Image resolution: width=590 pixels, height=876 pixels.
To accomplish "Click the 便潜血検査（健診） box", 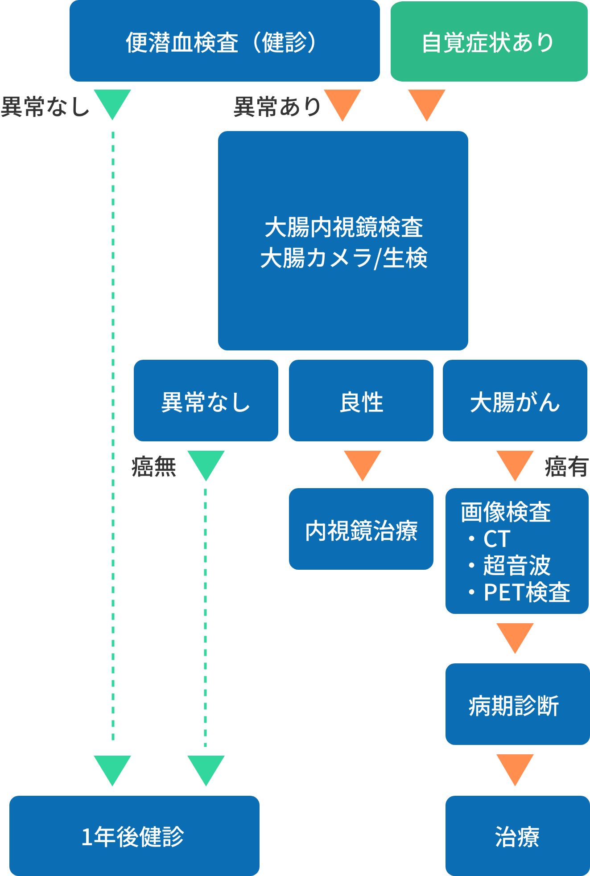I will pyautogui.click(x=224, y=41).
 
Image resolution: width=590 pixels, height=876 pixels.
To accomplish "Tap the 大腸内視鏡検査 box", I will pyautogui.click(x=343, y=241).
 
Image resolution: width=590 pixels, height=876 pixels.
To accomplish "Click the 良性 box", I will pyautogui.click(x=361, y=401).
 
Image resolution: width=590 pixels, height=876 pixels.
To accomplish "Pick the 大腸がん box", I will pyautogui.click(x=515, y=401).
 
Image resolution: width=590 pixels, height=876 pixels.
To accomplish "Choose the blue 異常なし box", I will pyautogui.click(x=206, y=401).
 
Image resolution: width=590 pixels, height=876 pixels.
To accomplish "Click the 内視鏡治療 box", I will pyautogui.click(x=361, y=529).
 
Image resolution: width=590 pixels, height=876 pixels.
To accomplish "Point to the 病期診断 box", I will pyautogui.click(x=517, y=704).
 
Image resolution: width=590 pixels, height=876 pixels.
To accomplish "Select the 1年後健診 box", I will pyautogui.click(x=134, y=836).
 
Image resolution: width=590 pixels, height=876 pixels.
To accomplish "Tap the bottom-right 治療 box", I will pyautogui.click(x=517, y=836).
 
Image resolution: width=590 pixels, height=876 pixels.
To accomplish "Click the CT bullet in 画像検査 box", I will pyautogui.click(x=496, y=539).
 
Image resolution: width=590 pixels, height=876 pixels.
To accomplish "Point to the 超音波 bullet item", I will pyautogui.click(x=516, y=565).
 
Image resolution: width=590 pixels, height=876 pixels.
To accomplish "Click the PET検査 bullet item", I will pyautogui.click(x=526, y=592).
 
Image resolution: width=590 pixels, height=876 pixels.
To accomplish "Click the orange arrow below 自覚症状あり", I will pyautogui.click(x=427, y=104).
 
